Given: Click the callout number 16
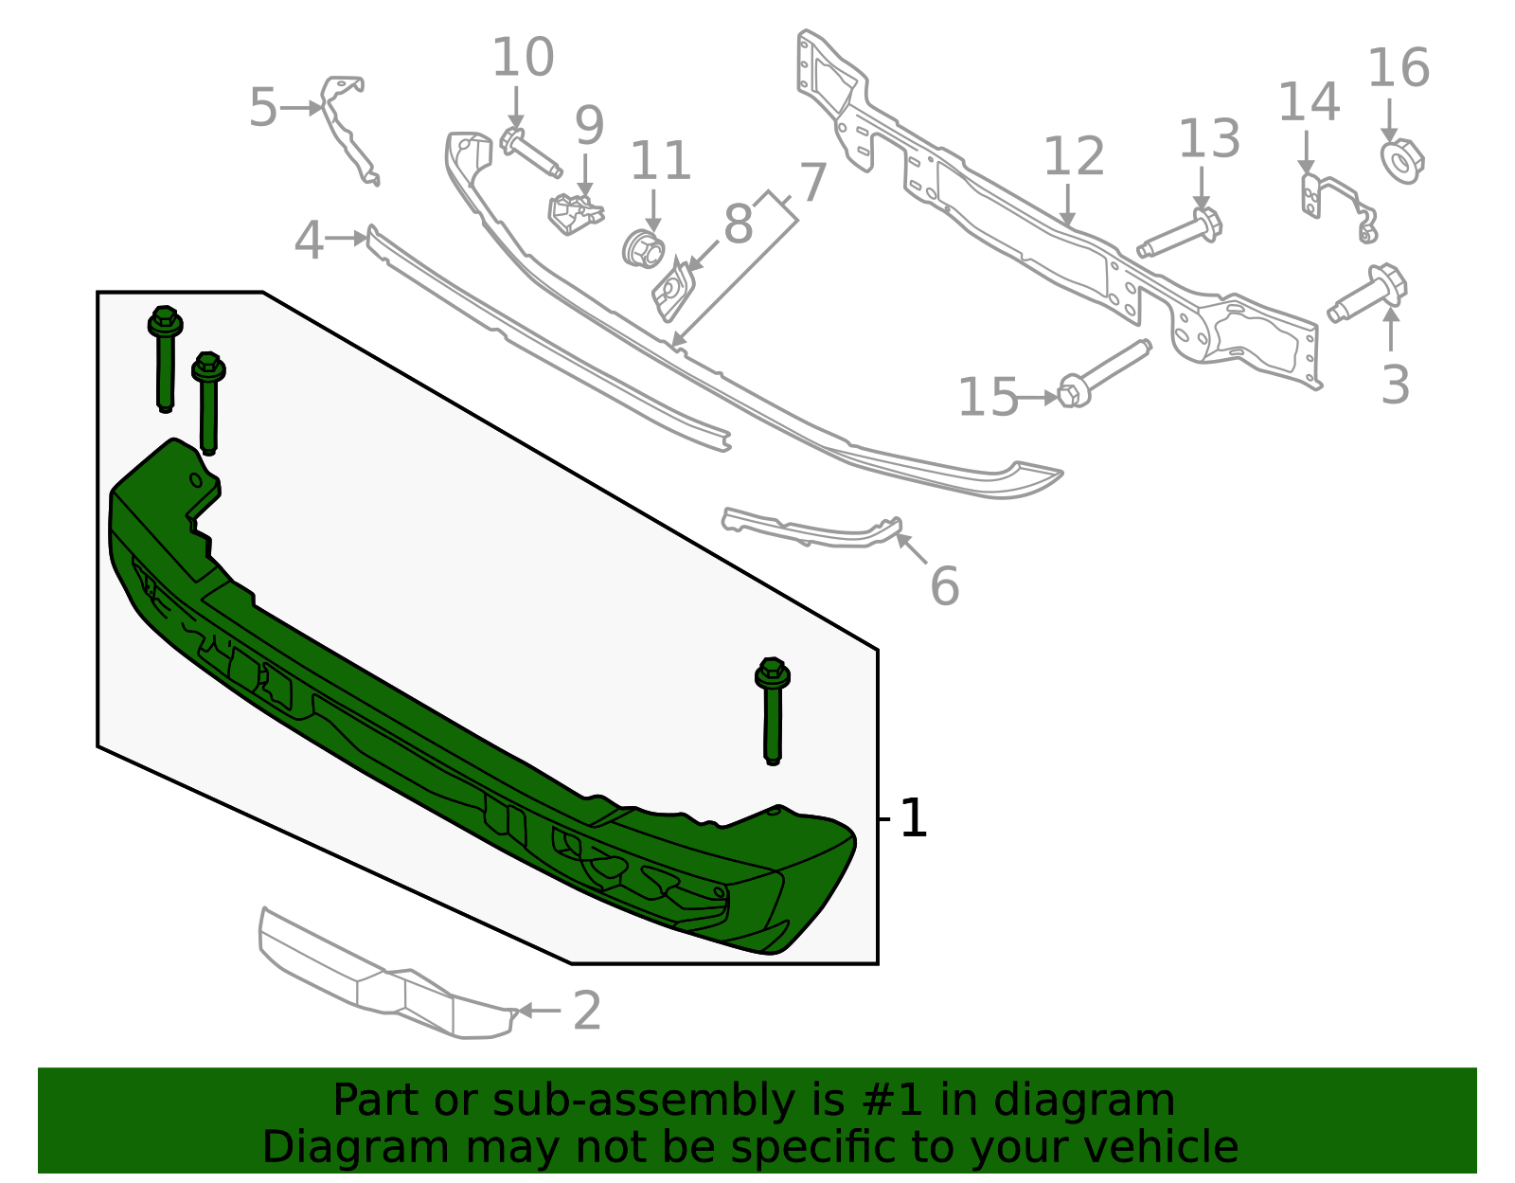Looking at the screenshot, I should (1398, 69).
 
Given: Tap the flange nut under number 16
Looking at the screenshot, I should (1401, 160).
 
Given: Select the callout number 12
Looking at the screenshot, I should (1074, 157).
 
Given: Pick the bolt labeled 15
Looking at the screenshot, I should (1103, 373).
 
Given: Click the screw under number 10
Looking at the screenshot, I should (529, 152).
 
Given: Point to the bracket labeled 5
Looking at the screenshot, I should (348, 128).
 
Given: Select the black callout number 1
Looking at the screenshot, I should (913, 818).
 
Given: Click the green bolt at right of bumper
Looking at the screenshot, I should (773, 710).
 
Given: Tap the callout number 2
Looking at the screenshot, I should (587, 1012).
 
